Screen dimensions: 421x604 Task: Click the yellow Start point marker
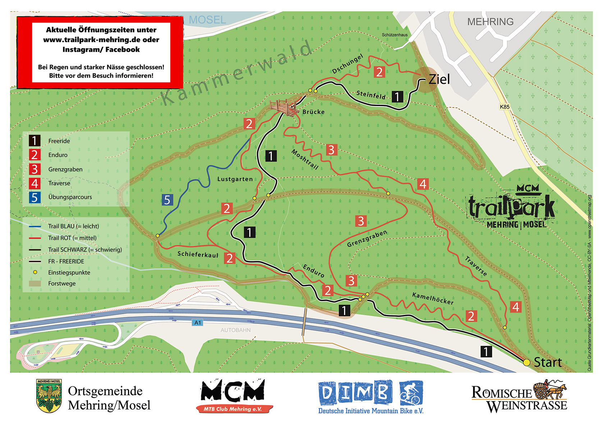(x=526, y=362)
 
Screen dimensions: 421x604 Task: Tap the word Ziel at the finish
(x=439, y=79)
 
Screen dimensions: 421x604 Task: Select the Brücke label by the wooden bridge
(x=314, y=112)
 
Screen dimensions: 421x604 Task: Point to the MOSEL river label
(x=207, y=20)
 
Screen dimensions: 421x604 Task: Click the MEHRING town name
(x=490, y=22)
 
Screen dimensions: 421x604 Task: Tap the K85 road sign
(x=504, y=107)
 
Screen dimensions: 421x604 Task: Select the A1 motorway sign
(x=198, y=322)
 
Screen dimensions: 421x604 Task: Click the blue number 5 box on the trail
(x=167, y=200)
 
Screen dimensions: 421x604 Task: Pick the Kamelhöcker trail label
(x=433, y=298)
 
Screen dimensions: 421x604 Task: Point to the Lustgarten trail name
(x=235, y=179)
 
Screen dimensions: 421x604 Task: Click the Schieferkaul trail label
(x=198, y=254)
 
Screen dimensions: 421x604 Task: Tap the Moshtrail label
(x=305, y=159)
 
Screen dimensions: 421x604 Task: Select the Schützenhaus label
(x=394, y=35)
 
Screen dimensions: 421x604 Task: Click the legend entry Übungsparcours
(x=70, y=197)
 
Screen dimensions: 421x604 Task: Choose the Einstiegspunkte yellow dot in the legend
(x=35, y=272)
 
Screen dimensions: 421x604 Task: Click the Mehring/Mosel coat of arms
(x=49, y=396)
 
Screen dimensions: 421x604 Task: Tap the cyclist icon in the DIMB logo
(x=411, y=393)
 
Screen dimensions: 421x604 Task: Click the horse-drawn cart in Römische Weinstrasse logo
(x=550, y=389)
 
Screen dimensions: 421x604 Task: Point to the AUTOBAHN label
(x=235, y=330)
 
